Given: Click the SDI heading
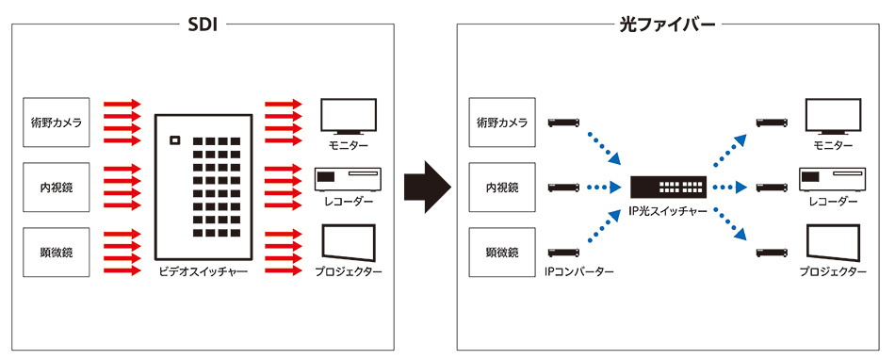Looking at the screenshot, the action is (203, 25).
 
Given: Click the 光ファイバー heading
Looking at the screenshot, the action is (668, 25).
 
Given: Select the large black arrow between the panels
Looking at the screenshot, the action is (428, 187).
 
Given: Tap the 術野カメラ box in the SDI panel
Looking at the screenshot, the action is (56, 122).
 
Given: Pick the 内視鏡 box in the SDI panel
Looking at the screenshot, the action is (56, 187).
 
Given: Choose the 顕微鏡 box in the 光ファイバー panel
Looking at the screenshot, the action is (502, 253).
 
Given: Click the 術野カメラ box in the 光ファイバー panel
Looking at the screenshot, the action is (502, 122).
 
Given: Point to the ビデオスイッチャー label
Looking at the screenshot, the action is (203, 272).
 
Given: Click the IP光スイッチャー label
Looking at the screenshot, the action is (668, 211).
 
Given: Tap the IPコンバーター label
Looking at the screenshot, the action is (578, 272).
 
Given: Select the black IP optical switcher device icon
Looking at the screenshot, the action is (669, 186).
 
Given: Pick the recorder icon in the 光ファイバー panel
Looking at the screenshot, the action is (834, 180).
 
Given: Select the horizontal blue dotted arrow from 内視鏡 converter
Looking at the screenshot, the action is (604, 187).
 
